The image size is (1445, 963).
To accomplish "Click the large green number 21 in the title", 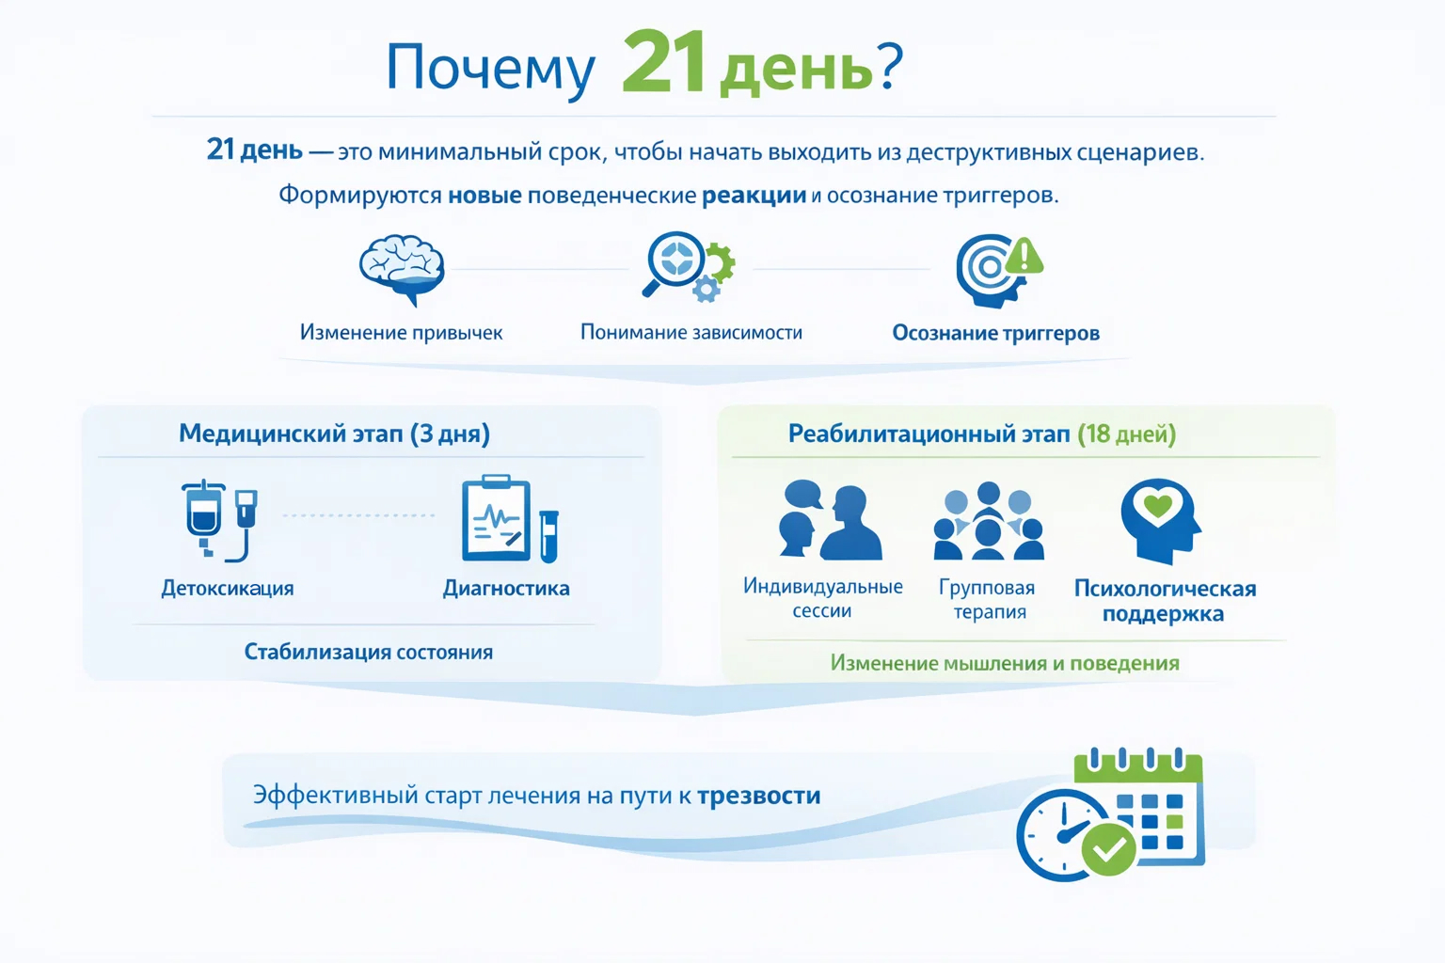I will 663,63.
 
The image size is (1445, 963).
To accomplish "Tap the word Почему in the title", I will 490,68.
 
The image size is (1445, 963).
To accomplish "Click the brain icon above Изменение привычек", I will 402,268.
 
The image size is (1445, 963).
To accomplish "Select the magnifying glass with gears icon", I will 687,266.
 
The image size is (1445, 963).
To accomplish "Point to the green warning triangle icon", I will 1024,256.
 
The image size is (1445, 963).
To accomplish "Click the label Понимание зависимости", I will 691,332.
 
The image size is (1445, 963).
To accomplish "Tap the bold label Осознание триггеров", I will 995,333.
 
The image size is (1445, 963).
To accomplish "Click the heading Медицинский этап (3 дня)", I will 334,434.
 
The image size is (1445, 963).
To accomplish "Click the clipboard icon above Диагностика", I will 496,518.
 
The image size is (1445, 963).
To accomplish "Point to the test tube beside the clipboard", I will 548,535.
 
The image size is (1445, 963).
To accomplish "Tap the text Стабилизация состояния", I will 368,652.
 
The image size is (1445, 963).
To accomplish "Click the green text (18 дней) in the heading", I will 1126,434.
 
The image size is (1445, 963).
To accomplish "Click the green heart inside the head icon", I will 1157,507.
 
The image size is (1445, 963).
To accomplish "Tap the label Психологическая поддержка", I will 1165,601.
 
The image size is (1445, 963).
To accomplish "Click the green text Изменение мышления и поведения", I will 1004,663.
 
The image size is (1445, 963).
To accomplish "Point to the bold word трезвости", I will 758,796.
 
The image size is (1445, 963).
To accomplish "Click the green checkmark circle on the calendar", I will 1108,849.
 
